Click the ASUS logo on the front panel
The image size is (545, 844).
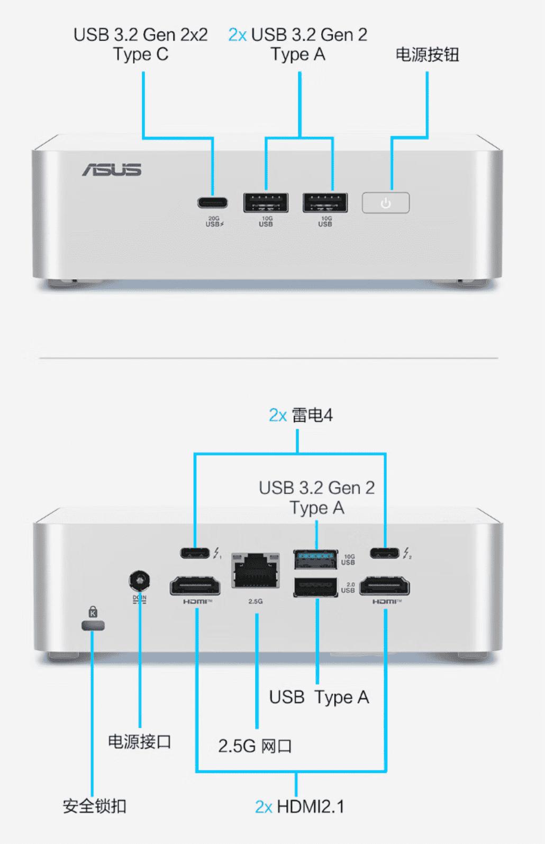[112, 170]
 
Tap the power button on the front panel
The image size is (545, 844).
[386, 203]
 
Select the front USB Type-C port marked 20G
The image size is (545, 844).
[213, 203]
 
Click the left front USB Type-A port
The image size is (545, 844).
[266, 203]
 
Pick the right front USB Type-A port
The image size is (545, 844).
[325, 203]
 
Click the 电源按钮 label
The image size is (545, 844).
[427, 55]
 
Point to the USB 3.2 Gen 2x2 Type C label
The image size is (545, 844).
[141, 45]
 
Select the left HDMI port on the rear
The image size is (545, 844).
[195, 587]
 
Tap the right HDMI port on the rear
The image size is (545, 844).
[385, 587]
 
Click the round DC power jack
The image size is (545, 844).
[139, 581]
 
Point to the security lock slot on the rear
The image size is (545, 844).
[93, 626]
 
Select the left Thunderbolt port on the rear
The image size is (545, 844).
[195, 553]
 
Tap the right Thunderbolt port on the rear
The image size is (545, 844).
[385, 553]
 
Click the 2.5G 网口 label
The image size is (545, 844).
[255, 746]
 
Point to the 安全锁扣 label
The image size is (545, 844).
[94, 806]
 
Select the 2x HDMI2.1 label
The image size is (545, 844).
[299, 806]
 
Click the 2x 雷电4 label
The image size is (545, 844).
[301, 415]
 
